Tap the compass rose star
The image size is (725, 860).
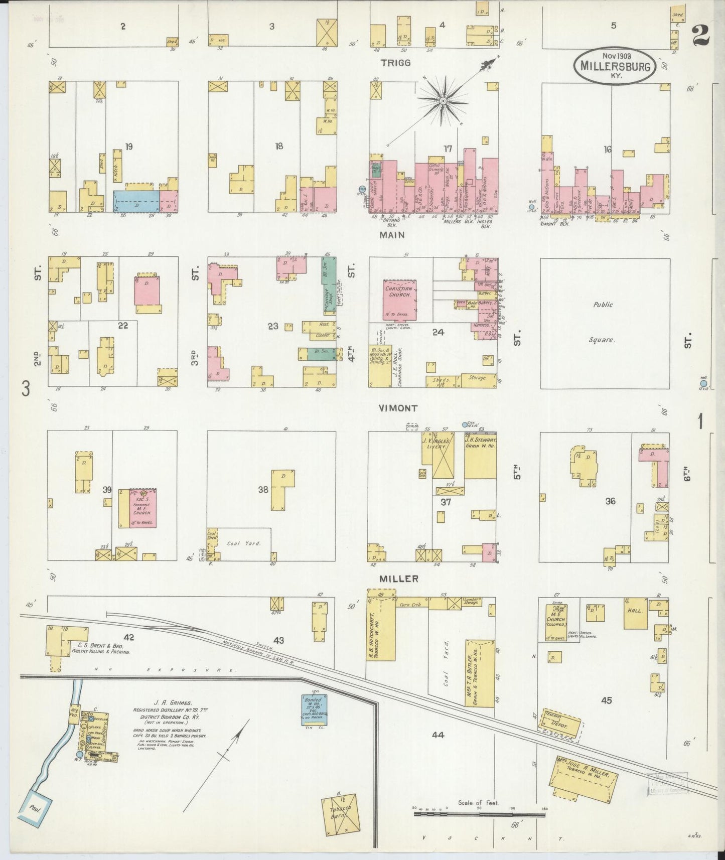click(443, 101)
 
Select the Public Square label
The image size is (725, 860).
click(603, 322)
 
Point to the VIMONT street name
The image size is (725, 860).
click(398, 408)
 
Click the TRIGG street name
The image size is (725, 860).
click(395, 63)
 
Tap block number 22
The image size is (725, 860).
click(123, 326)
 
